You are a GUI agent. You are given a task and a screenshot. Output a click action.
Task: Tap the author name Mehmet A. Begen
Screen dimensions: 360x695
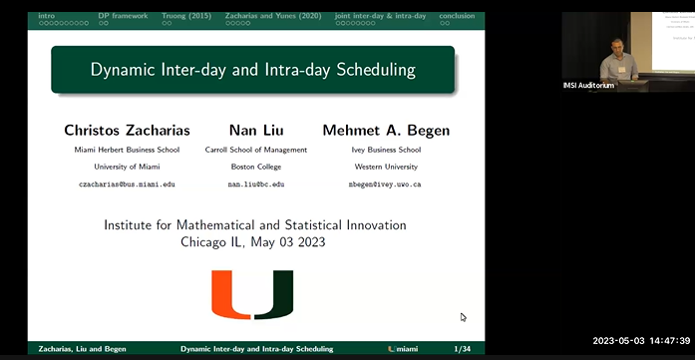[387, 131]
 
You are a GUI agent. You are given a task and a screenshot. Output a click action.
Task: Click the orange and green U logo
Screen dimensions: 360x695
[253, 295]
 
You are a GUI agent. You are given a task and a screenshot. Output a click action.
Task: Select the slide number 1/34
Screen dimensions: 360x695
[463, 349]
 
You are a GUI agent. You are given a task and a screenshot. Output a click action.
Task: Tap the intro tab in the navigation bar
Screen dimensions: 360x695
[47, 16]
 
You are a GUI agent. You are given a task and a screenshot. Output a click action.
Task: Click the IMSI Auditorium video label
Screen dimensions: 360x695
[589, 85]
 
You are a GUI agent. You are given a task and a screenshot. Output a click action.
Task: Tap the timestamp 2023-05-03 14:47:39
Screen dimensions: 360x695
[638, 340]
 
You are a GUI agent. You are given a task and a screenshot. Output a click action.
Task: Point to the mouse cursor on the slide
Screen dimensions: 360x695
[463, 317]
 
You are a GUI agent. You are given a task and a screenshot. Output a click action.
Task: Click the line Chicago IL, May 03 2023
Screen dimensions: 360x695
[254, 241]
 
